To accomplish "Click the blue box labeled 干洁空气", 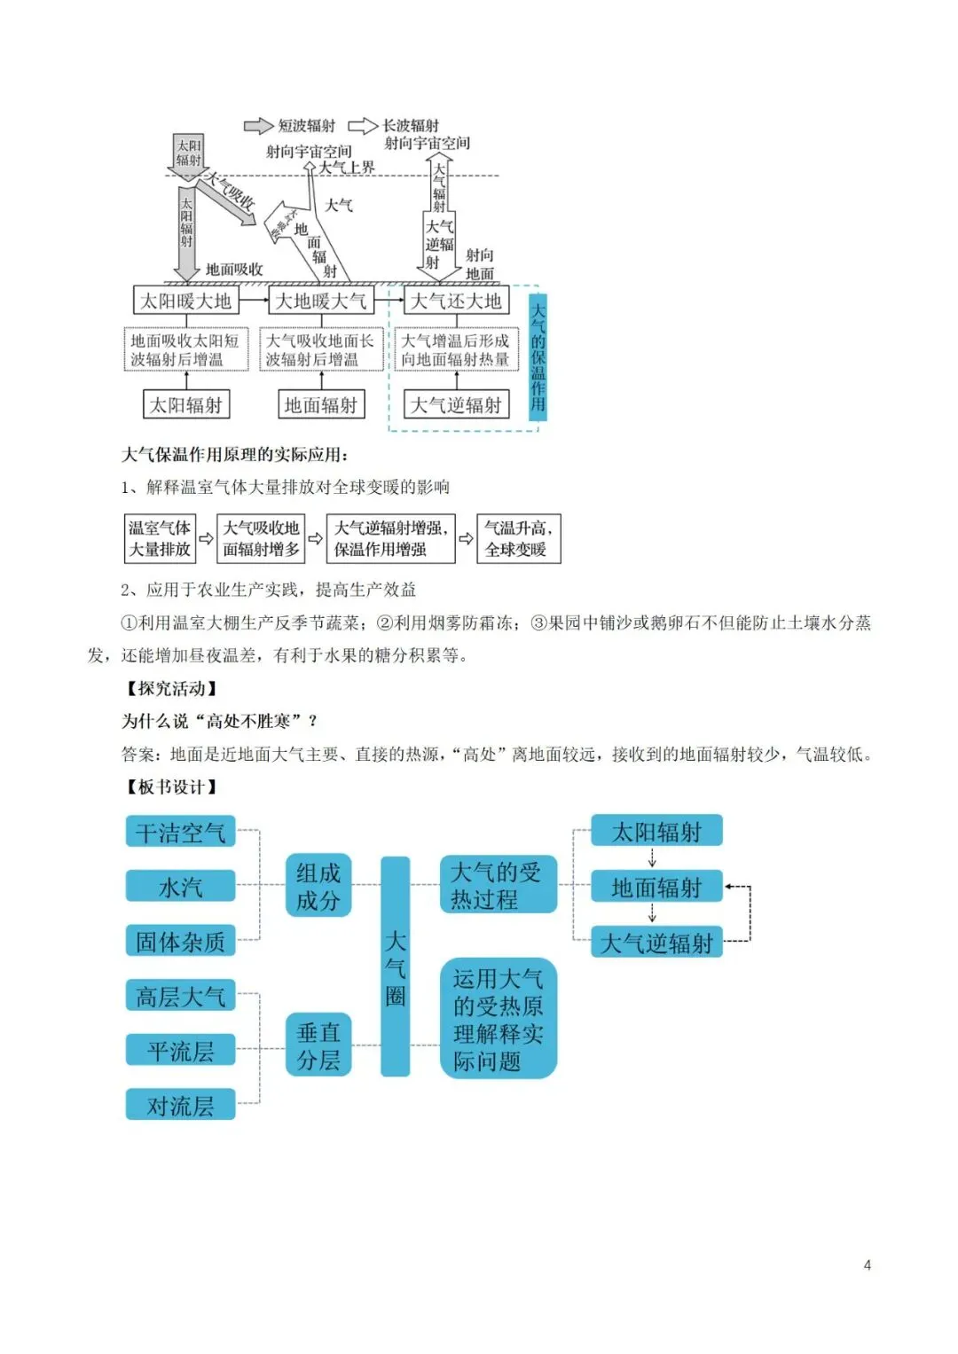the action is (x=180, y=832).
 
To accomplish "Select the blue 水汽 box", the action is (x=180, y=886).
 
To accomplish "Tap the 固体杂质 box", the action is (x=180, y=941).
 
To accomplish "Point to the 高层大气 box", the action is (x=180, y=996).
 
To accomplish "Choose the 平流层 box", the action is (x=180, y=1051).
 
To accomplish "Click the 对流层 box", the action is (x=180, y=1105).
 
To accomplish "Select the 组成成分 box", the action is (x=318, y=886).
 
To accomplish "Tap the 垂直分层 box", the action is (x=318, y=1045).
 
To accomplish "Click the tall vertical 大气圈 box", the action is (x=396, y=967).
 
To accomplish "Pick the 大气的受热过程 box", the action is (x=498, y=885).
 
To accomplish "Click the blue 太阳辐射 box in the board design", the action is (x=656, y=831).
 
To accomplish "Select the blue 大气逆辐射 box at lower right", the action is (x=656, y=942).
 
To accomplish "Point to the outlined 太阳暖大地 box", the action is (x=185, y=301).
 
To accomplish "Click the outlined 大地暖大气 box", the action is (x=320, y=301).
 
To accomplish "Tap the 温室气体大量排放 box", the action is (x=160, y=538).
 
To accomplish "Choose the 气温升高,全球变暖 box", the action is (x=518, y=538).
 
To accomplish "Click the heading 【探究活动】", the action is (x=170, y=688).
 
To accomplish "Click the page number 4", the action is (x=867, y=1264).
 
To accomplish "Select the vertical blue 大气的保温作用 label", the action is (x=538, y=356).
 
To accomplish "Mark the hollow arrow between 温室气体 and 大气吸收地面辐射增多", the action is (x=206, y=538).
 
